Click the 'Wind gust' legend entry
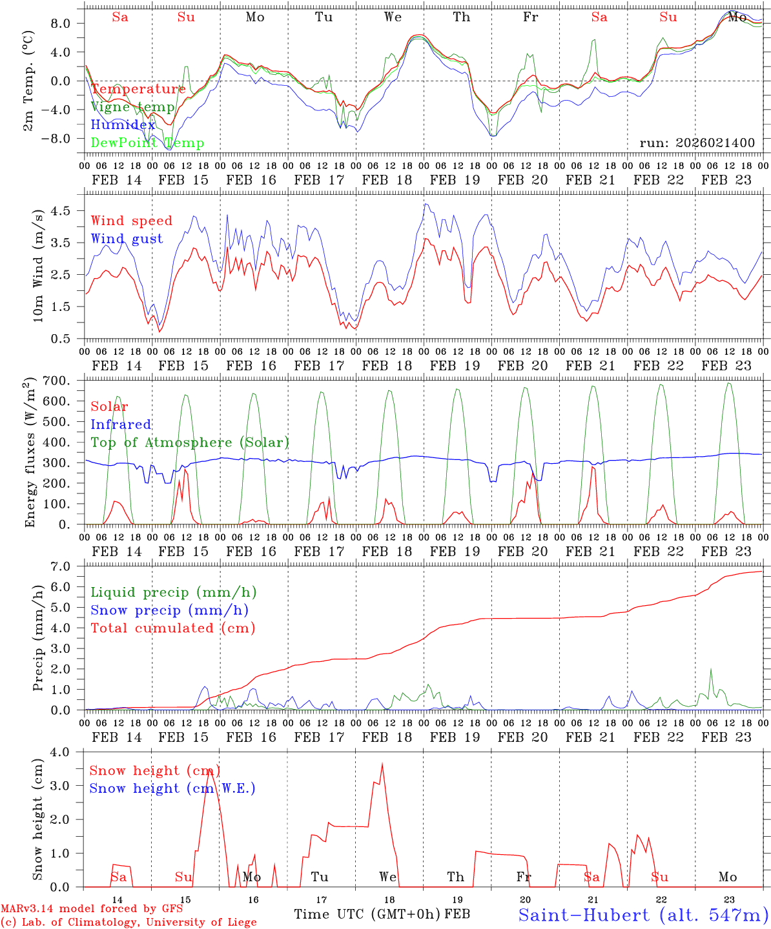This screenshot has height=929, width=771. [127, 239]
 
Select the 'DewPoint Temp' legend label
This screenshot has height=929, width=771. [147, 143]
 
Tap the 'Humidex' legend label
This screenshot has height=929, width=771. [123, 125]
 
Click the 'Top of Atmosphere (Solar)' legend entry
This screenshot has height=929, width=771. [190, 442]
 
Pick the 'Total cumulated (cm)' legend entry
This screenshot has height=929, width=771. [172, 628]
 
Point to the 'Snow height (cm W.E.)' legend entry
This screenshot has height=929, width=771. [172, 788]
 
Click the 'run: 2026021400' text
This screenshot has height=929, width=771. [697, 143]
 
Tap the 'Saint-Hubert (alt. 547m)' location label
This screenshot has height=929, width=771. [643, 914]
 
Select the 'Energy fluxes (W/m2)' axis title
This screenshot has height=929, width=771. [30, 454]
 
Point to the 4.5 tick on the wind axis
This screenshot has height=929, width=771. [66, 210]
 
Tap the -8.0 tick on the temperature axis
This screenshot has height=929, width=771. [64, 138]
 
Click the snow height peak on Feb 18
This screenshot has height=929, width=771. [382, 765]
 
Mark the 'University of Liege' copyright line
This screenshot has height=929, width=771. [128, 922]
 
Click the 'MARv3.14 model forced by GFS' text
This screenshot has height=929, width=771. [91, 908]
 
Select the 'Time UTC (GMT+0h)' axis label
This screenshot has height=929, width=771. [367, 914]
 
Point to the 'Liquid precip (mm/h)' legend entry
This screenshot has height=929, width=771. [174, 592]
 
